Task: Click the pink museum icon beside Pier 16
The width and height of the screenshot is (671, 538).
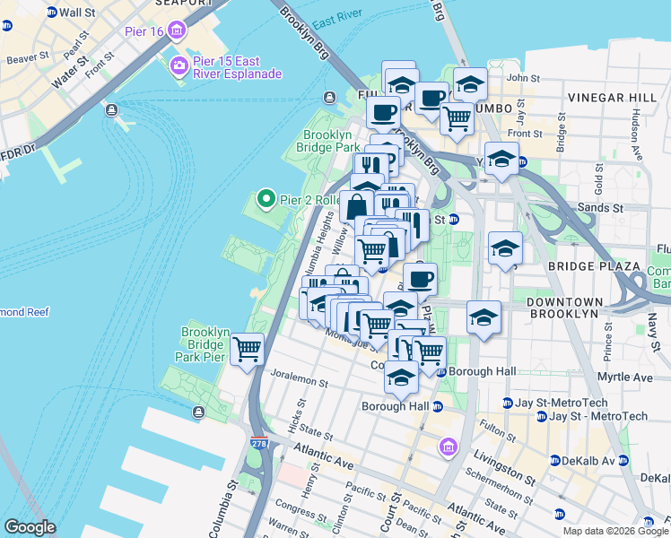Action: click(x=177, y=32)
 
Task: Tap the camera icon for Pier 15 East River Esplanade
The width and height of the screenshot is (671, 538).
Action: click(x=179, y=65)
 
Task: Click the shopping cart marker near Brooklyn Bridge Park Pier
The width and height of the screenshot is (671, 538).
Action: click(x=247, y=349)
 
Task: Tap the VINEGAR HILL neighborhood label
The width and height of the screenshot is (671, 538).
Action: click(x=609, y=96)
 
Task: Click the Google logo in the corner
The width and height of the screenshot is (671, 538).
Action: click(x=30, y=527)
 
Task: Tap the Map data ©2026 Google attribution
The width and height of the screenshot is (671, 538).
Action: click(x=615, y=531)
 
